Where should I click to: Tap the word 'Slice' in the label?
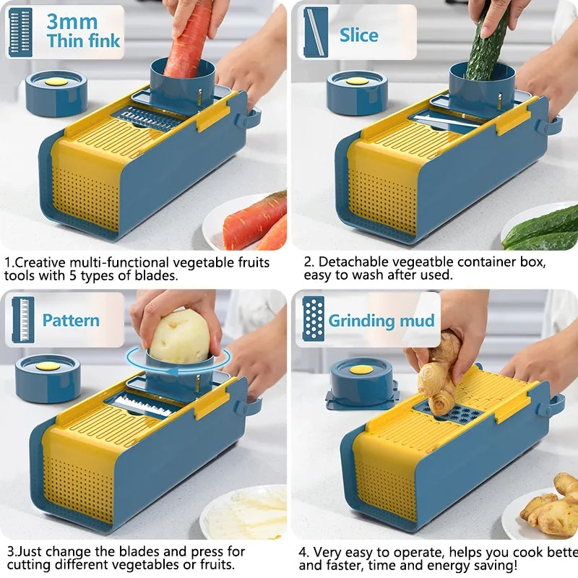point(358,35)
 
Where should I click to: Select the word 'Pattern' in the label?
point(71,320)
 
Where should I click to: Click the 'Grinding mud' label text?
point(381,321)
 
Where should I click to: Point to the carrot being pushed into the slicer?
point(190,40)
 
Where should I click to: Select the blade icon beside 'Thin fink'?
point(20,32)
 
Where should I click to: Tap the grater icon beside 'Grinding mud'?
point(313,319)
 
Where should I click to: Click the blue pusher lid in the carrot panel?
point(56,92)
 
